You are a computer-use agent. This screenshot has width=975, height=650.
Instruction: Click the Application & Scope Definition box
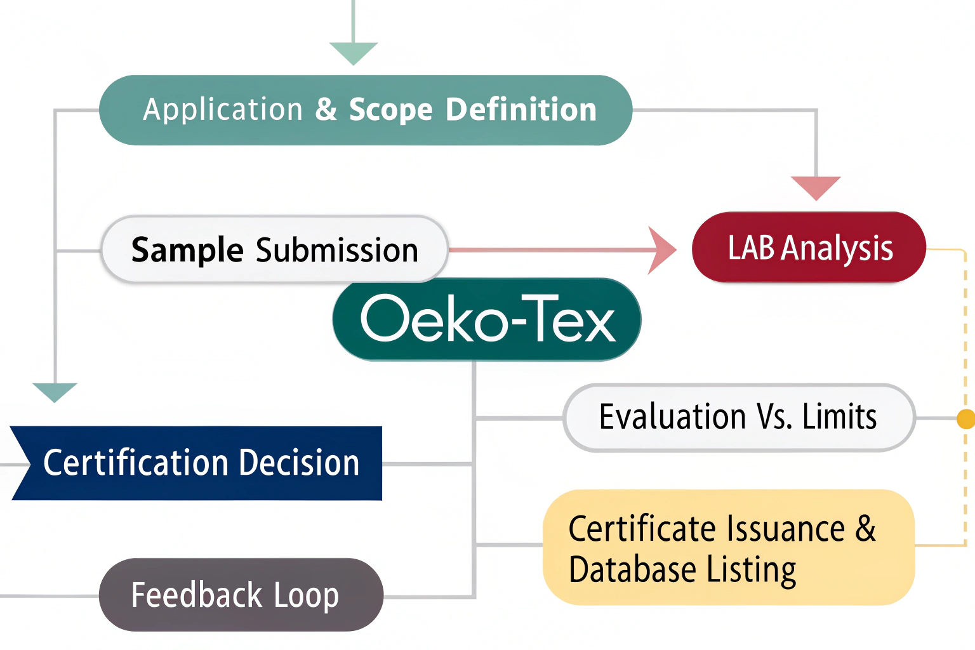pos(366,110)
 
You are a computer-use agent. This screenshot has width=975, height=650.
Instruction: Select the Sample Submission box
pos(274,249)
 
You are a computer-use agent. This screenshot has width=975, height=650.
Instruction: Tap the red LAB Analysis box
pos(809,247)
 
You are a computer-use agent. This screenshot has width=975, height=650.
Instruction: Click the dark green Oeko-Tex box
pos(487,319)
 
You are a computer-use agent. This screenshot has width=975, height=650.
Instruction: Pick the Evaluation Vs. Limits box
pos(739,418)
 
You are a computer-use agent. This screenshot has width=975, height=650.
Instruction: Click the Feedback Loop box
pos(241,595)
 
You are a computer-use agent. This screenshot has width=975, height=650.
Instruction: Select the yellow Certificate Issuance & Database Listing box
pos(728,547)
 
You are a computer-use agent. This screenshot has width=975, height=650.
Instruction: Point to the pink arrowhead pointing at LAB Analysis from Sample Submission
pos(663,250)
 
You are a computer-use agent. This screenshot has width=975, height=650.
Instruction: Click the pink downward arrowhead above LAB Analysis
pos(816,187)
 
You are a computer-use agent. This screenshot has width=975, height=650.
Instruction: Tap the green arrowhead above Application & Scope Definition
pos(354,53)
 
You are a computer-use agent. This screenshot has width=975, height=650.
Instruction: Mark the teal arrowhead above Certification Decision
pos(55,392)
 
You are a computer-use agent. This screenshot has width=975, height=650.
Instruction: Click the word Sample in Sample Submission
pos(187,249)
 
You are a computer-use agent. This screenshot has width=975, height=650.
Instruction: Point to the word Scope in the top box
pos(391,110)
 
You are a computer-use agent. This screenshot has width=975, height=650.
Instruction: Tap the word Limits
pos(839,418)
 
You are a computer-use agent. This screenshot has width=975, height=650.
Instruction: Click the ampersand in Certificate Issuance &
pos(866,528)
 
